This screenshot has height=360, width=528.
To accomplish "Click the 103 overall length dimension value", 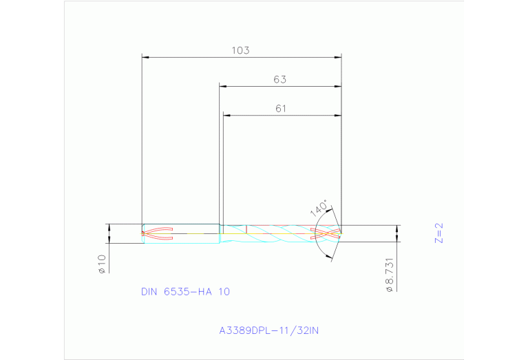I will (x=240, y=50).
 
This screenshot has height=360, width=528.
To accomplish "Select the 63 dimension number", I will (x=279, y=79).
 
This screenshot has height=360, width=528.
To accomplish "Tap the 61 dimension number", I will (x=280, y=108).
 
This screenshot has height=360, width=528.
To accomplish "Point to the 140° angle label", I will (x=319, y=207).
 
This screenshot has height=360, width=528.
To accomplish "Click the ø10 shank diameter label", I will (x=101, y=264).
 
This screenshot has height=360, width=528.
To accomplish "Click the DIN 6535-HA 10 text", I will (x=185, y=291).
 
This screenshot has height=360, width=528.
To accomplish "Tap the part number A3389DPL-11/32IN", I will (x=269, y=330).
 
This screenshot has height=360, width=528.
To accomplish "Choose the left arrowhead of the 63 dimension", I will (x=223, y=86).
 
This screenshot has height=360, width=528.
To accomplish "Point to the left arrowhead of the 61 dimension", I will (x=226, y=115).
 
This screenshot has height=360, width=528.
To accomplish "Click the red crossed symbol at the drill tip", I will (x=326, y=233).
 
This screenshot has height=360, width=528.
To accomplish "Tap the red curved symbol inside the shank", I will (x=157, y=233).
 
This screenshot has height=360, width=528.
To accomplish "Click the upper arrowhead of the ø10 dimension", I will (x=109, y=227).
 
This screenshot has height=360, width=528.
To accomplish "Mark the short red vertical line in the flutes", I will (x=246, y=229).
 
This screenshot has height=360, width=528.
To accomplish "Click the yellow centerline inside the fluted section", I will (x=275, y=233).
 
